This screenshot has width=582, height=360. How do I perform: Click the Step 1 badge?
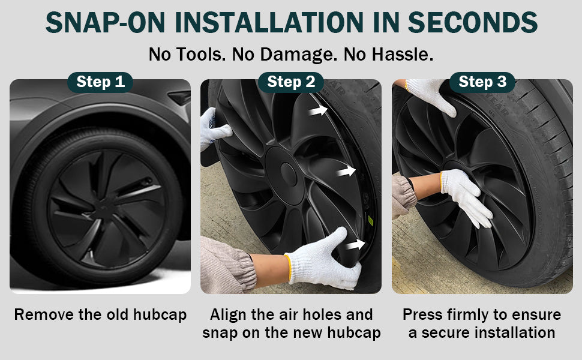coord(100,82)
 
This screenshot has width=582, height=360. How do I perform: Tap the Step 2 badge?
coord(291,82)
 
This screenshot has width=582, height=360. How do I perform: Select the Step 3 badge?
coord(482,82)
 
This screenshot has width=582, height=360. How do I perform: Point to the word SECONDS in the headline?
coord(473,23)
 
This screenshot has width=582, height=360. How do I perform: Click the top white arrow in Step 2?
coord(318,110)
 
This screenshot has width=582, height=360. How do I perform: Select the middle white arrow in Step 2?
coord(346,171)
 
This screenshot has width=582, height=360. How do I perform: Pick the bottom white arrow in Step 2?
coord(356,245)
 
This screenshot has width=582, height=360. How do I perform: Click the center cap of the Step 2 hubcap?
coord(289,174)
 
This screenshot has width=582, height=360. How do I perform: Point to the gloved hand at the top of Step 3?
coord(431,95)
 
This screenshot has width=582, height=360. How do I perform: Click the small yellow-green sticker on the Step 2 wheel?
coord(370,221)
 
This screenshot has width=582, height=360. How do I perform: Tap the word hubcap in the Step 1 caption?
coord(160,315)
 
